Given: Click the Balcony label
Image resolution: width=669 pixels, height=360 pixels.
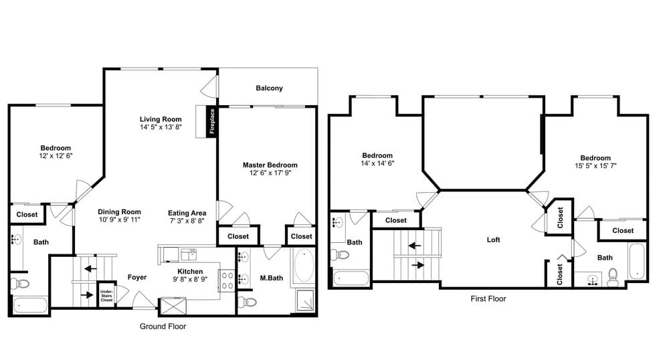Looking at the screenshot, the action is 269,88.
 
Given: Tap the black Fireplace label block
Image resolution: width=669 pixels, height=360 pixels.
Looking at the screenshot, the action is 212,122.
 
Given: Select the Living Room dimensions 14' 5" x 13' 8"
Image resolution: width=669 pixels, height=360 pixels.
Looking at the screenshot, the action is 161,127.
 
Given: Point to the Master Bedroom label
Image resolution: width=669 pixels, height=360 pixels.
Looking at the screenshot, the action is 270,165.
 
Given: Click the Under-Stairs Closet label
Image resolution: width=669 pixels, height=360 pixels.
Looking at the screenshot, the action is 106,296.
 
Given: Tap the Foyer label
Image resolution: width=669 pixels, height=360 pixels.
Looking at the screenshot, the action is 137,277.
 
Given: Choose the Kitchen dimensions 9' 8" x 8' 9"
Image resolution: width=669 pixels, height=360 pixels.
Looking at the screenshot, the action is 190,280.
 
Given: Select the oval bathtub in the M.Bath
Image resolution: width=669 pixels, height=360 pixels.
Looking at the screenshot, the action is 304,266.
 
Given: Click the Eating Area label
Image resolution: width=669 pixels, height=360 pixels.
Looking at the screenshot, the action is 187,213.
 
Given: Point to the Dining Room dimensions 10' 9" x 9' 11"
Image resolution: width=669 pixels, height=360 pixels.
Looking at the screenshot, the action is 120,219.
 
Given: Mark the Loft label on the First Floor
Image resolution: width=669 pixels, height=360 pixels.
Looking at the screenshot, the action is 493,240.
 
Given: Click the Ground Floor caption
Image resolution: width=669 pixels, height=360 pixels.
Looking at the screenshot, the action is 163,327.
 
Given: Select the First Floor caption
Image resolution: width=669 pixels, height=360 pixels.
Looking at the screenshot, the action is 488,298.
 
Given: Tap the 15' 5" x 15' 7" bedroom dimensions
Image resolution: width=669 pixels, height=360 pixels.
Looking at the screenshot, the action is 595,165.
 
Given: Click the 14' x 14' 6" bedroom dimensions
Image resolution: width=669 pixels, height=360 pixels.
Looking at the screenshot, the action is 377,163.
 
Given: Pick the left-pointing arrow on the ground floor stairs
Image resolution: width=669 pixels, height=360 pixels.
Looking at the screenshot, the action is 90,269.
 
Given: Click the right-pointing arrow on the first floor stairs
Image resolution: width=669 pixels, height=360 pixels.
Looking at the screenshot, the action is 418,265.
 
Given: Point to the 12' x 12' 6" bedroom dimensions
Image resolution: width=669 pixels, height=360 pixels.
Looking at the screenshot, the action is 56,156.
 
